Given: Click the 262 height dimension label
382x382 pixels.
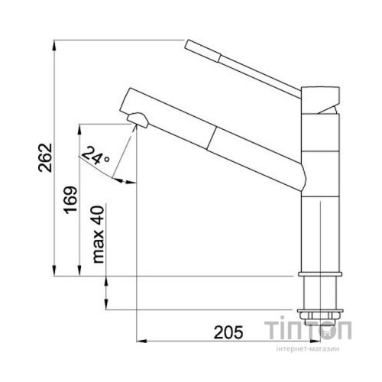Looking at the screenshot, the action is click(45, 158).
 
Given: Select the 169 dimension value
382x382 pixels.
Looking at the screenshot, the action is click(70, 200).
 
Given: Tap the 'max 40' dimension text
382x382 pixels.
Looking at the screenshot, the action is click(99, 235).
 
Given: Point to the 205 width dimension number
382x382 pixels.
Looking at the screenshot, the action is click(228, 332).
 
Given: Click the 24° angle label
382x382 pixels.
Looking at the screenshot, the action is click(95, 156).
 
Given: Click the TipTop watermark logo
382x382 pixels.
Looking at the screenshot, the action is click(308, 330).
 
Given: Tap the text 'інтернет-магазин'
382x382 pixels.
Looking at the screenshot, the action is click(308, 348).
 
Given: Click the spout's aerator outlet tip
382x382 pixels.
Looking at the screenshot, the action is click(138, 120).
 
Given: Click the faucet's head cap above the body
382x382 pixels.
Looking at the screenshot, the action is click(320, 100).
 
